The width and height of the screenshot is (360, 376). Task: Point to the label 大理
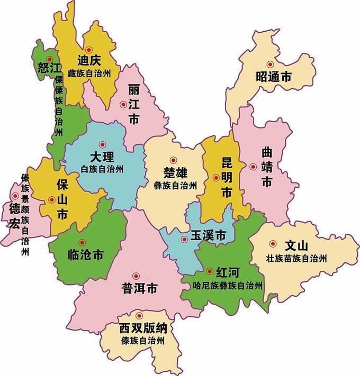click(x=102, y=157)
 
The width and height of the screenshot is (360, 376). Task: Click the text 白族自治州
click(x=102, y=169)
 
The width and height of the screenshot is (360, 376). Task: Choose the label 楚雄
click(x=175, y=173)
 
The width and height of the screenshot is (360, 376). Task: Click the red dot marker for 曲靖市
click(x=253, y=167)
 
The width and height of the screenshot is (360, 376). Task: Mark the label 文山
click(x=296, y=246)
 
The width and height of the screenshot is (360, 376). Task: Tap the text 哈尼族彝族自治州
click(x=228, y=286)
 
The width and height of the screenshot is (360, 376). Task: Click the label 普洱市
click(x=140, y=289)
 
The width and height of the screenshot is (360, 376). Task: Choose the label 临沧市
click(x=86, y=255)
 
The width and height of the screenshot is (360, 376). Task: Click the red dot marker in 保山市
click(x=51, y=199)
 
